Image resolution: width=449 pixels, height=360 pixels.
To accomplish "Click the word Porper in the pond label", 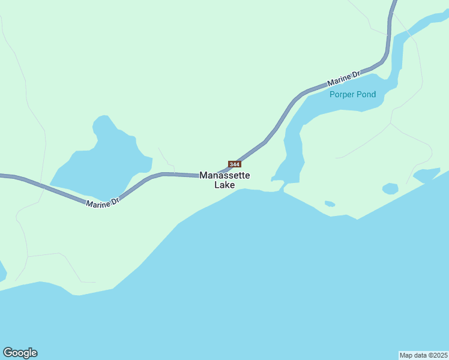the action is point(341,94).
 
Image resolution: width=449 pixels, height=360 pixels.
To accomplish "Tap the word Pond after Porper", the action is point(365,94).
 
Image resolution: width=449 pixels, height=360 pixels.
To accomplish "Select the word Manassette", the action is point(224,176).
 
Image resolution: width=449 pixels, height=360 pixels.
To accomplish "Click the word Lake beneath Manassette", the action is point(224,185).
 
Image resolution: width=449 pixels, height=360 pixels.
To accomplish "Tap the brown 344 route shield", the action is point(235,164).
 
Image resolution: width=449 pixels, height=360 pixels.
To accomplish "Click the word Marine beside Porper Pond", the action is point(340,79).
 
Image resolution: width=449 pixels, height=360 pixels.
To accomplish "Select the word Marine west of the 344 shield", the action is point(97,204).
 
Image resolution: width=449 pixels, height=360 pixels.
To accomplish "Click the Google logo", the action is point(20,353).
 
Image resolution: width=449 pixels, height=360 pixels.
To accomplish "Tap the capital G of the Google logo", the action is point(8,352).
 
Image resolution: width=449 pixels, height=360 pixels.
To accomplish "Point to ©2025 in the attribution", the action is point(437,355).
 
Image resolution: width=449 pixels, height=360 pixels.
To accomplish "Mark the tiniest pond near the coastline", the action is point(330,204).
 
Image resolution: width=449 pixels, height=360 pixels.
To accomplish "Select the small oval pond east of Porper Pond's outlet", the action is point(390,189).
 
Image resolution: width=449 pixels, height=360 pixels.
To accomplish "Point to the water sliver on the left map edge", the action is point(2,271).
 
